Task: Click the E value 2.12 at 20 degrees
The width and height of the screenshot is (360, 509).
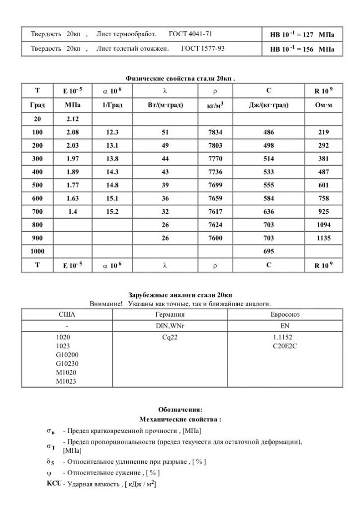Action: pyautogui.click(x=73, y=119)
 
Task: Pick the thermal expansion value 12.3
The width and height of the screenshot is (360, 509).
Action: pyautogui.click(x=112, y=133)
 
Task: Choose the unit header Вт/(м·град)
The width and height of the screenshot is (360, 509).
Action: pyautogui.click(x=165, y=105)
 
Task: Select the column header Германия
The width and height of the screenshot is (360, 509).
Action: pyautogui.click(x=170, y=315)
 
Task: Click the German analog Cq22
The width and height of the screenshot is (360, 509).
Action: pyautogui.click(x=170, y=337)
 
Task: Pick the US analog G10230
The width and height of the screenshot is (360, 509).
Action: pyautogui.click(x=68, y=364)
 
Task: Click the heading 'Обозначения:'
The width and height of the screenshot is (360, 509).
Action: pyautogui.click(x=180, y=410)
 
